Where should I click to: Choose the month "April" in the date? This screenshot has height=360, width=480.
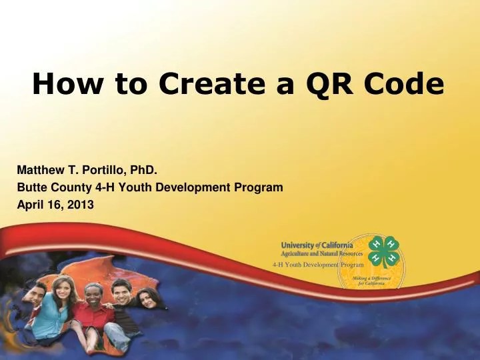pyautogui.click(x=29, y=205)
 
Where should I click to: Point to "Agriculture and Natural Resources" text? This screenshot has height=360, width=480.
pyautogui.click(x=322, y=254)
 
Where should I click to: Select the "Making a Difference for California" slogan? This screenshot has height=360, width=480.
pyautogui.click(x=369, y=280)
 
